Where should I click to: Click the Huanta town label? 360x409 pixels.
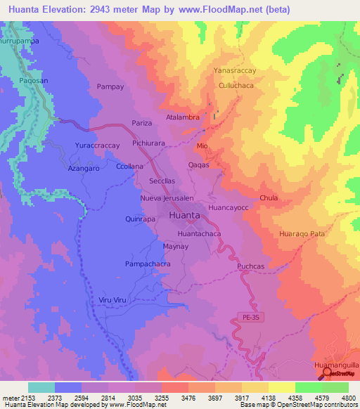(184, 216)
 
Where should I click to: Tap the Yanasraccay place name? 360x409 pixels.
(236, 71)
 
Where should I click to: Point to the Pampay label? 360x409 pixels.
(110, 87)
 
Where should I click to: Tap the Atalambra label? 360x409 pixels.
(183, 117)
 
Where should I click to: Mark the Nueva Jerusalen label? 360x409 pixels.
(167, 199)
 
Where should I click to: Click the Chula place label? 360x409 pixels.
(269, 198)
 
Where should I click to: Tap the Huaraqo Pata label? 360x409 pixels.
(302, 233)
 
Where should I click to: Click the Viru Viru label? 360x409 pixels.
(112, 300)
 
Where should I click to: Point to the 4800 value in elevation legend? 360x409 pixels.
(348, 398)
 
